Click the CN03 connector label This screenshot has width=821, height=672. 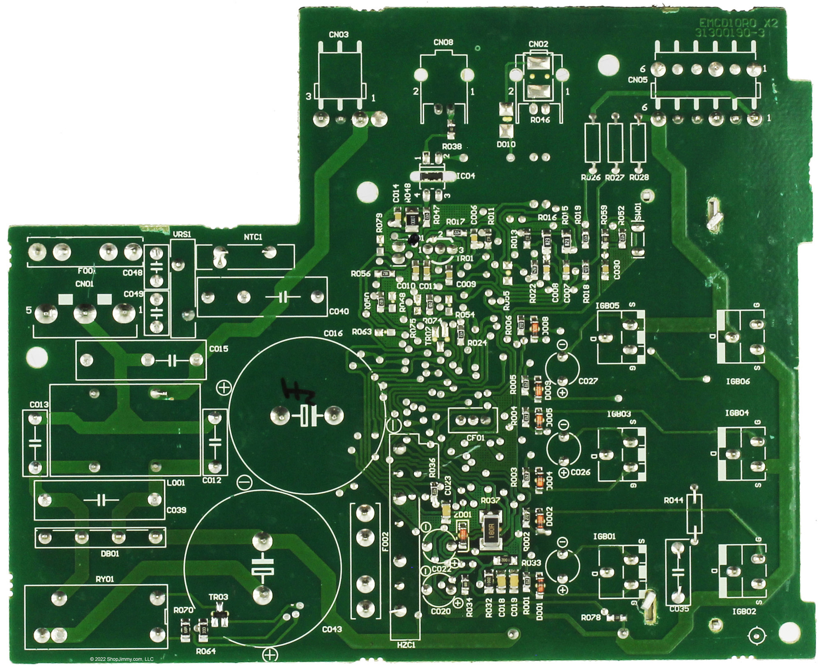339,35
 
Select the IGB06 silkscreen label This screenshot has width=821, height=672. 737,381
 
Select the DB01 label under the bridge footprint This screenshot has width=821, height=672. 109,553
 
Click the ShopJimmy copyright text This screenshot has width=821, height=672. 122,659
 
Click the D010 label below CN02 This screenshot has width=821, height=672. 506,144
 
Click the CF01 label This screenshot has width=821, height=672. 476,438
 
